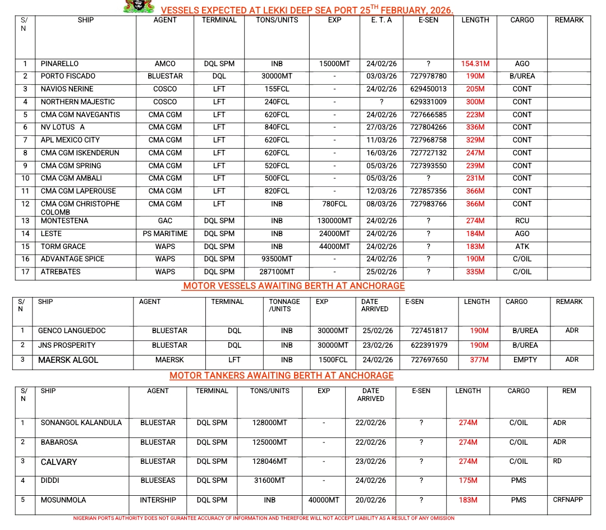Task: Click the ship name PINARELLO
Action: point(59,63)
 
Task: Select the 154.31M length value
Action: point(475,63)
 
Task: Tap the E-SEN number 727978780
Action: point(428,76)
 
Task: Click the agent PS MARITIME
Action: point(165,233)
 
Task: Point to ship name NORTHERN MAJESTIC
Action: point(77,102)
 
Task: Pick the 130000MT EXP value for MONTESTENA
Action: point(334,221)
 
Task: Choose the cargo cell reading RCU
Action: point(521,221)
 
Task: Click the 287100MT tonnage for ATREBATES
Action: point(277,272)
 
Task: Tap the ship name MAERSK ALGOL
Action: point(68,360)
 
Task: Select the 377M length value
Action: point(479,360)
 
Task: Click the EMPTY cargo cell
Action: point(525,360)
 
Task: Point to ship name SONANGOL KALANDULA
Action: point(81,423)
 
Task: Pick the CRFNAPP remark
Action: point(568,499)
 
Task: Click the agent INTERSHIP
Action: point(158,500)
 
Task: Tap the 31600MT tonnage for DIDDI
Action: point(269,481)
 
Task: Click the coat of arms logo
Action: point(139,7)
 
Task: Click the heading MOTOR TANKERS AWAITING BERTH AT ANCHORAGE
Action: point(281,375)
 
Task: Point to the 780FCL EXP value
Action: point(334,204)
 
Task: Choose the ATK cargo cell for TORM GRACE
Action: point(521,246)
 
